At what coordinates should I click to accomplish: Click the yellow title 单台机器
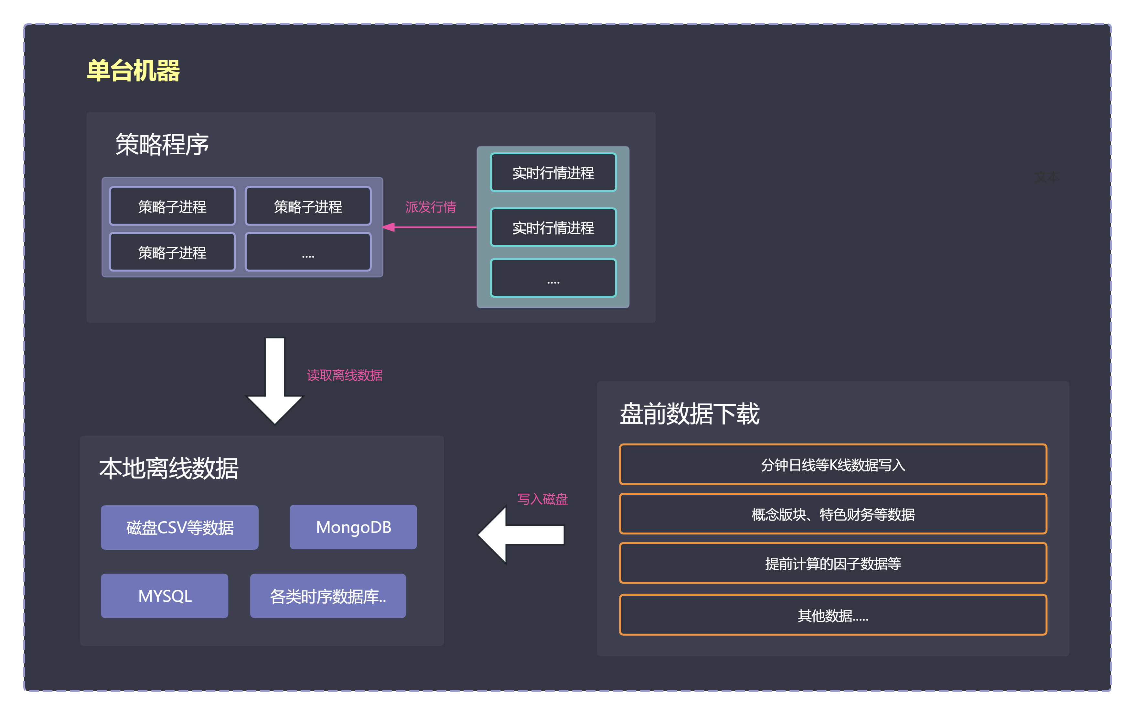coord(134,71)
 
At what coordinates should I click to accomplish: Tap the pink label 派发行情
coord(430,207)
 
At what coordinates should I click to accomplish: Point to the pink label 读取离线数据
coord(345,375)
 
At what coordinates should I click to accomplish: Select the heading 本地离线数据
coord(169,469)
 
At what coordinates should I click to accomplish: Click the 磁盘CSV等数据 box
coord(180,527)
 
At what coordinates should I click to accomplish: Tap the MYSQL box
coord(165,596)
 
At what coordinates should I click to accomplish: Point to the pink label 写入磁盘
coord(542,499)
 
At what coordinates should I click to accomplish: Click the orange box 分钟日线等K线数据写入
coord(833,465)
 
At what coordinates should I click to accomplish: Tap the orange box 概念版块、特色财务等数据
coord(833,514)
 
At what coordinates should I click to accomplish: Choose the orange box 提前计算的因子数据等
coord(833,563)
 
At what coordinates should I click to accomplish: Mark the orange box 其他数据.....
coord(833,615)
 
